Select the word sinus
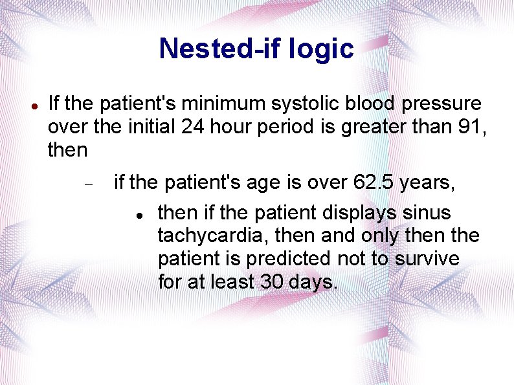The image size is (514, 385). coord(427,213)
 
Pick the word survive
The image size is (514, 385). coord(428,259)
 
